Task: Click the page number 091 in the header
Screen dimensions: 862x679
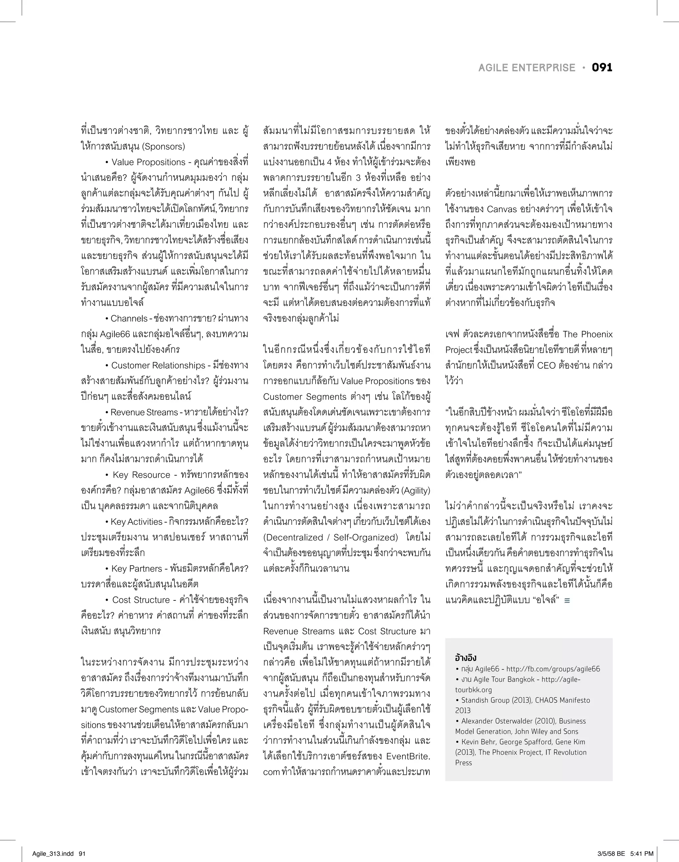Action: [x=602, y=68]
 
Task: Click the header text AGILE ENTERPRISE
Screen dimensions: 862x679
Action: [x=526, y=68]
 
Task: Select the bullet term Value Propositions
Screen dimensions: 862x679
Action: [x=149, y=162]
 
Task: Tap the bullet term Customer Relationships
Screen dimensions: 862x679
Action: [x=158, y=365]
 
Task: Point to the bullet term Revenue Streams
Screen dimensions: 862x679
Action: [x=144, y=412]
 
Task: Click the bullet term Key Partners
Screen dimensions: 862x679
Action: [x=137, y=569]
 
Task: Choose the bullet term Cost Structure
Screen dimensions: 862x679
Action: [x=141, y=600]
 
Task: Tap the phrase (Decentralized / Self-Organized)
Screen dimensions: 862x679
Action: [x=330, y=537]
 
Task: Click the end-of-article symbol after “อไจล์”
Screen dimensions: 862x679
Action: [x=567, y=600]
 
